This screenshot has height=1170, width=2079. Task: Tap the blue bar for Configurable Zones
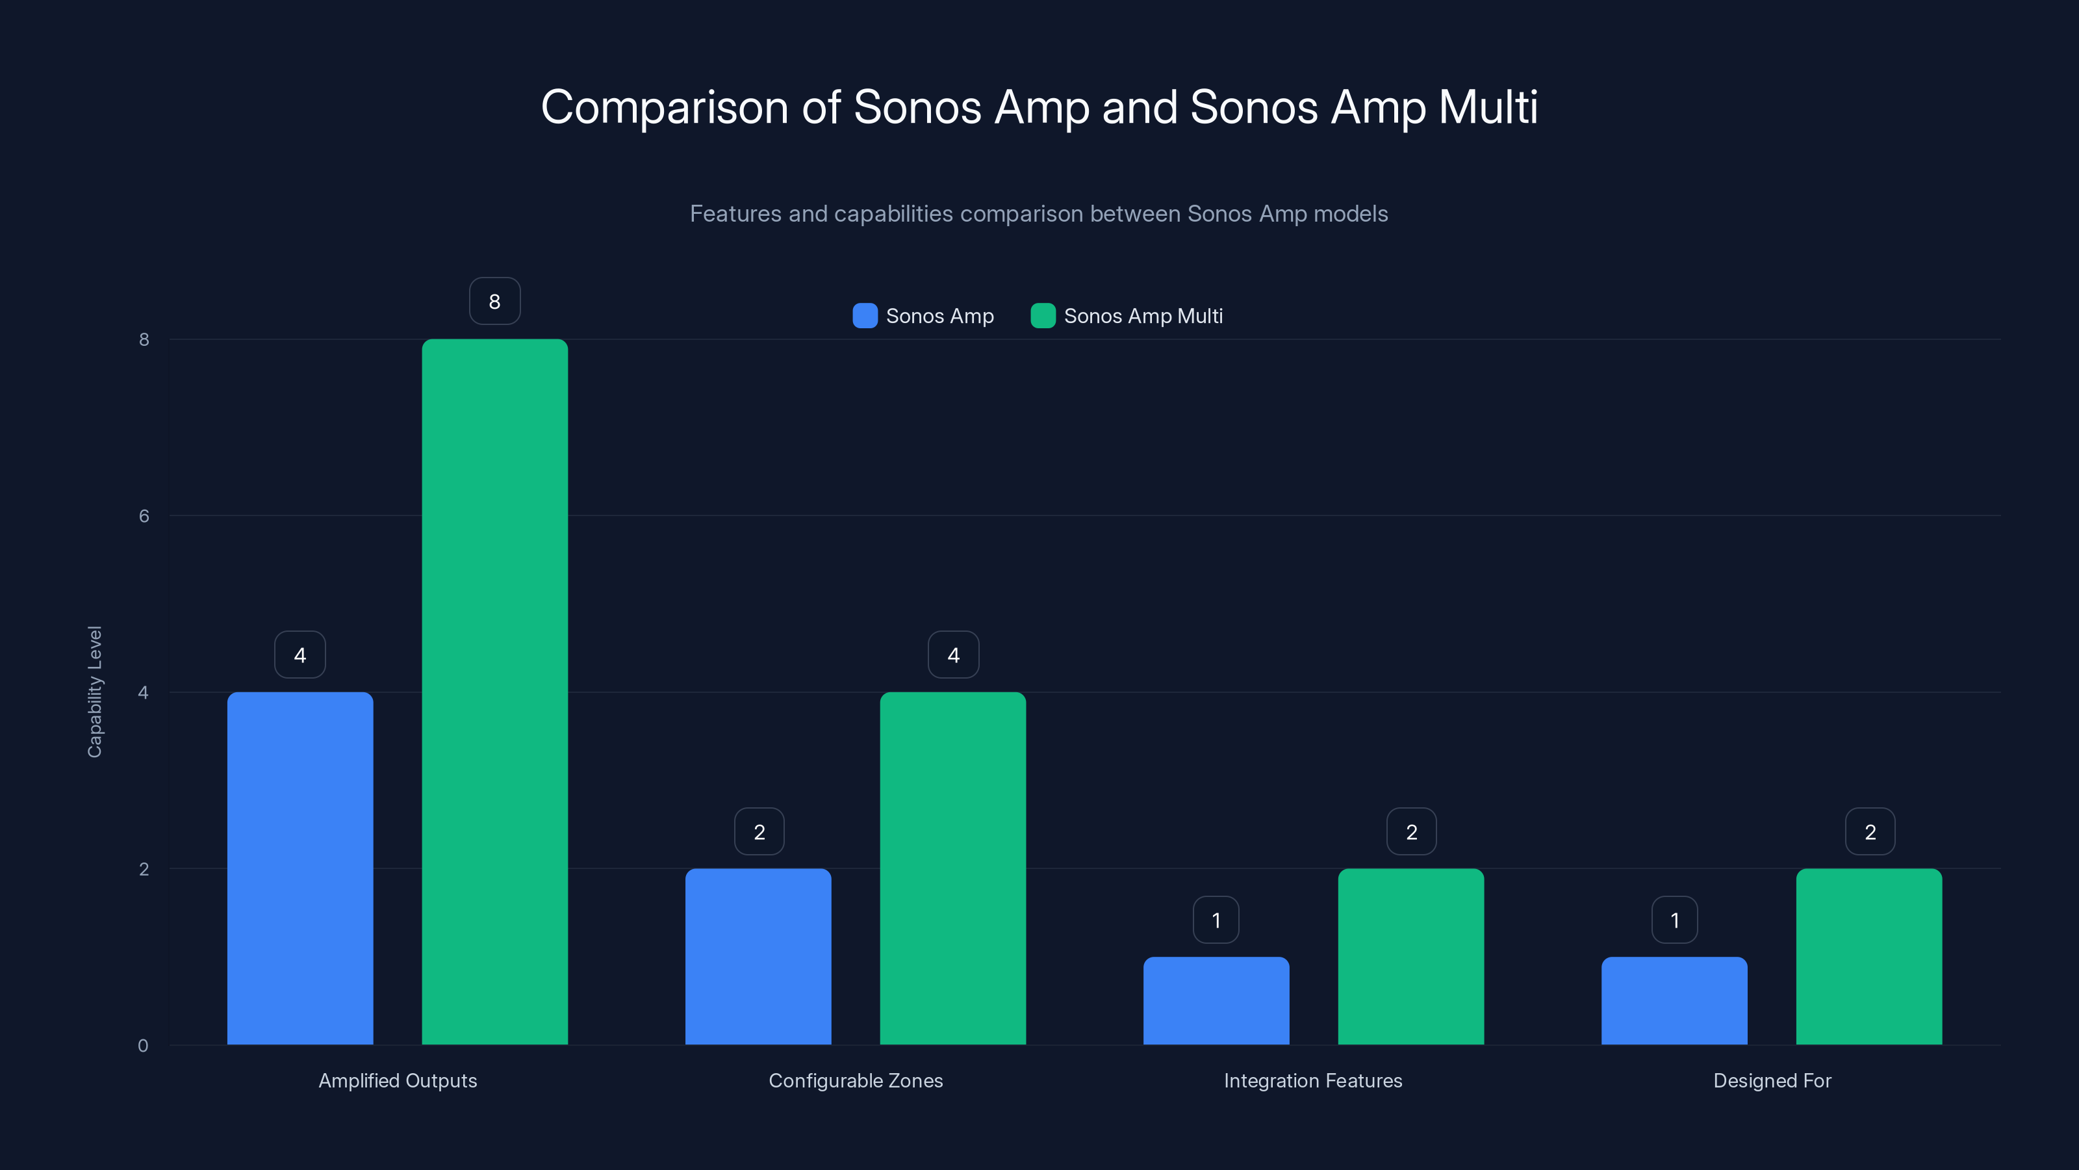tap(758, 956)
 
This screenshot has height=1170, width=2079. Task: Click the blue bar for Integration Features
tap(1216, 1000)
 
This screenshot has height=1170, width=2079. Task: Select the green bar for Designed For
tap(1869, 956)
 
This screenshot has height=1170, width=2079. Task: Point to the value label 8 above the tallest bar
tap(494, 301)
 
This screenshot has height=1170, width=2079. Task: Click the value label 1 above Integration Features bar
tap(1216, 920)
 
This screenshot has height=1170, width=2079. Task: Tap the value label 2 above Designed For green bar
tap(1869, 832)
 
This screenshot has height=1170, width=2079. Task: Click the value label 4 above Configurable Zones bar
tap(953, 655)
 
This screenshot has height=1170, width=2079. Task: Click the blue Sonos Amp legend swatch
tap(864, 316)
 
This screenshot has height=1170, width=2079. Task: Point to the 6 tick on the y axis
tap(144, 516)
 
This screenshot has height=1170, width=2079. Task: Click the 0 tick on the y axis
tap(143, 1046)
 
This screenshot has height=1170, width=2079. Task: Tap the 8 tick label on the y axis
tap(144, 339)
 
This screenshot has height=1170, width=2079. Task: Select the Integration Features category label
tap(1312, 1080)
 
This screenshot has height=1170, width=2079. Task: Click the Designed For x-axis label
tap(1772, 1080)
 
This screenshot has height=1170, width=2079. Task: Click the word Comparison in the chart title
tap(663, 107)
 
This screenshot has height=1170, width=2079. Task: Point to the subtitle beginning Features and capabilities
tap(1038, 214)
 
